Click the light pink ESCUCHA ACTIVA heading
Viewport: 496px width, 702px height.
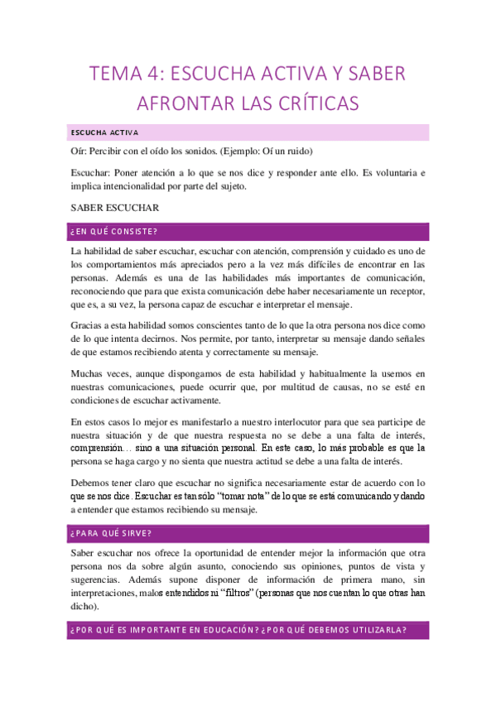104,132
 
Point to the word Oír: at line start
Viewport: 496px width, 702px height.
79,152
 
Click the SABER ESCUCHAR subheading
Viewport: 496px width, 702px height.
115,208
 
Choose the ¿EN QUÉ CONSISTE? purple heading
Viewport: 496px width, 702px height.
114,231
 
